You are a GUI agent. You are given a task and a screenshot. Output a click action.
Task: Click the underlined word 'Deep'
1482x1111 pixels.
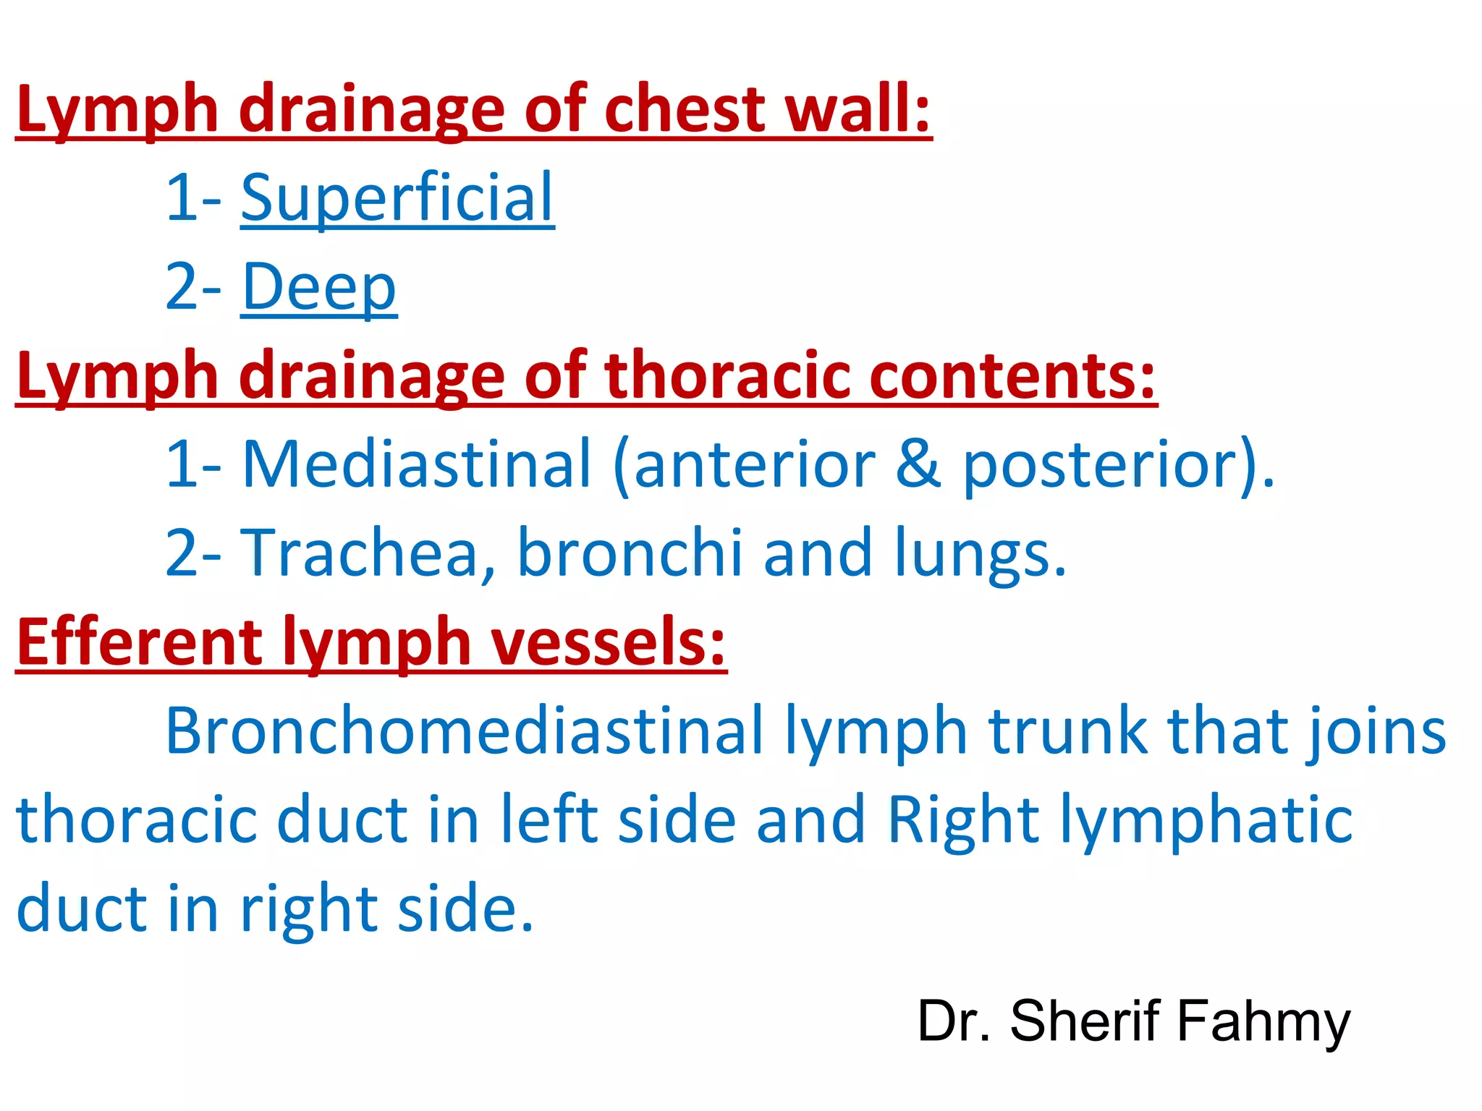(318, 287)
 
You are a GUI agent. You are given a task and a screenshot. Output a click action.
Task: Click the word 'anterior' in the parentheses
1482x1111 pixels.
(753, 465)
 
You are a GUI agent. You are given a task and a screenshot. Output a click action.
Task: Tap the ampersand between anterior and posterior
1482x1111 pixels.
(918, 465)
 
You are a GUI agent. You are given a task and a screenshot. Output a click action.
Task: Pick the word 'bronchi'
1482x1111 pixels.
(630, 553)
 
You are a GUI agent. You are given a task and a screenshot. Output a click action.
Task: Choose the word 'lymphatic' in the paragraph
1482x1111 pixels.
(1206, 820)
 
